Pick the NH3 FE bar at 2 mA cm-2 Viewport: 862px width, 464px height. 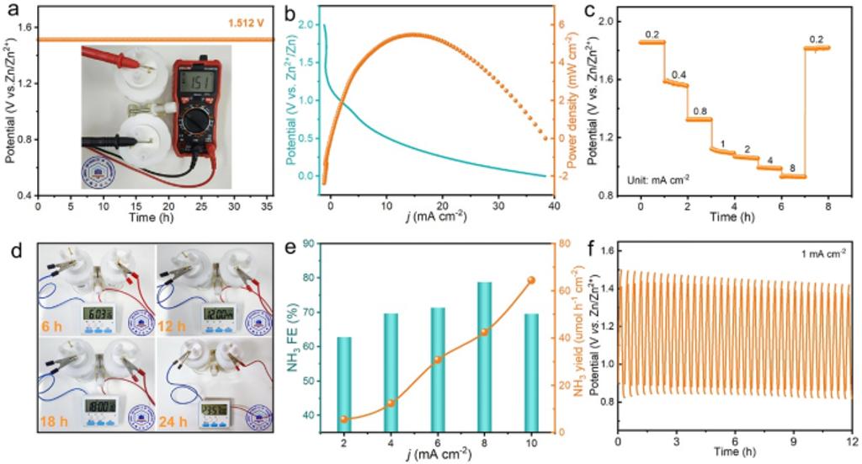point(343,384)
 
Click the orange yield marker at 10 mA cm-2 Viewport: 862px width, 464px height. point(530,280)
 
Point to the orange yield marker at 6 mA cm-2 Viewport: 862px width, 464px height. point(438,360)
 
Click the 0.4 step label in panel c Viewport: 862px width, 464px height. point(678,75)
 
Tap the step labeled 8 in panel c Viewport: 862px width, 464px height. point(792,168)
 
